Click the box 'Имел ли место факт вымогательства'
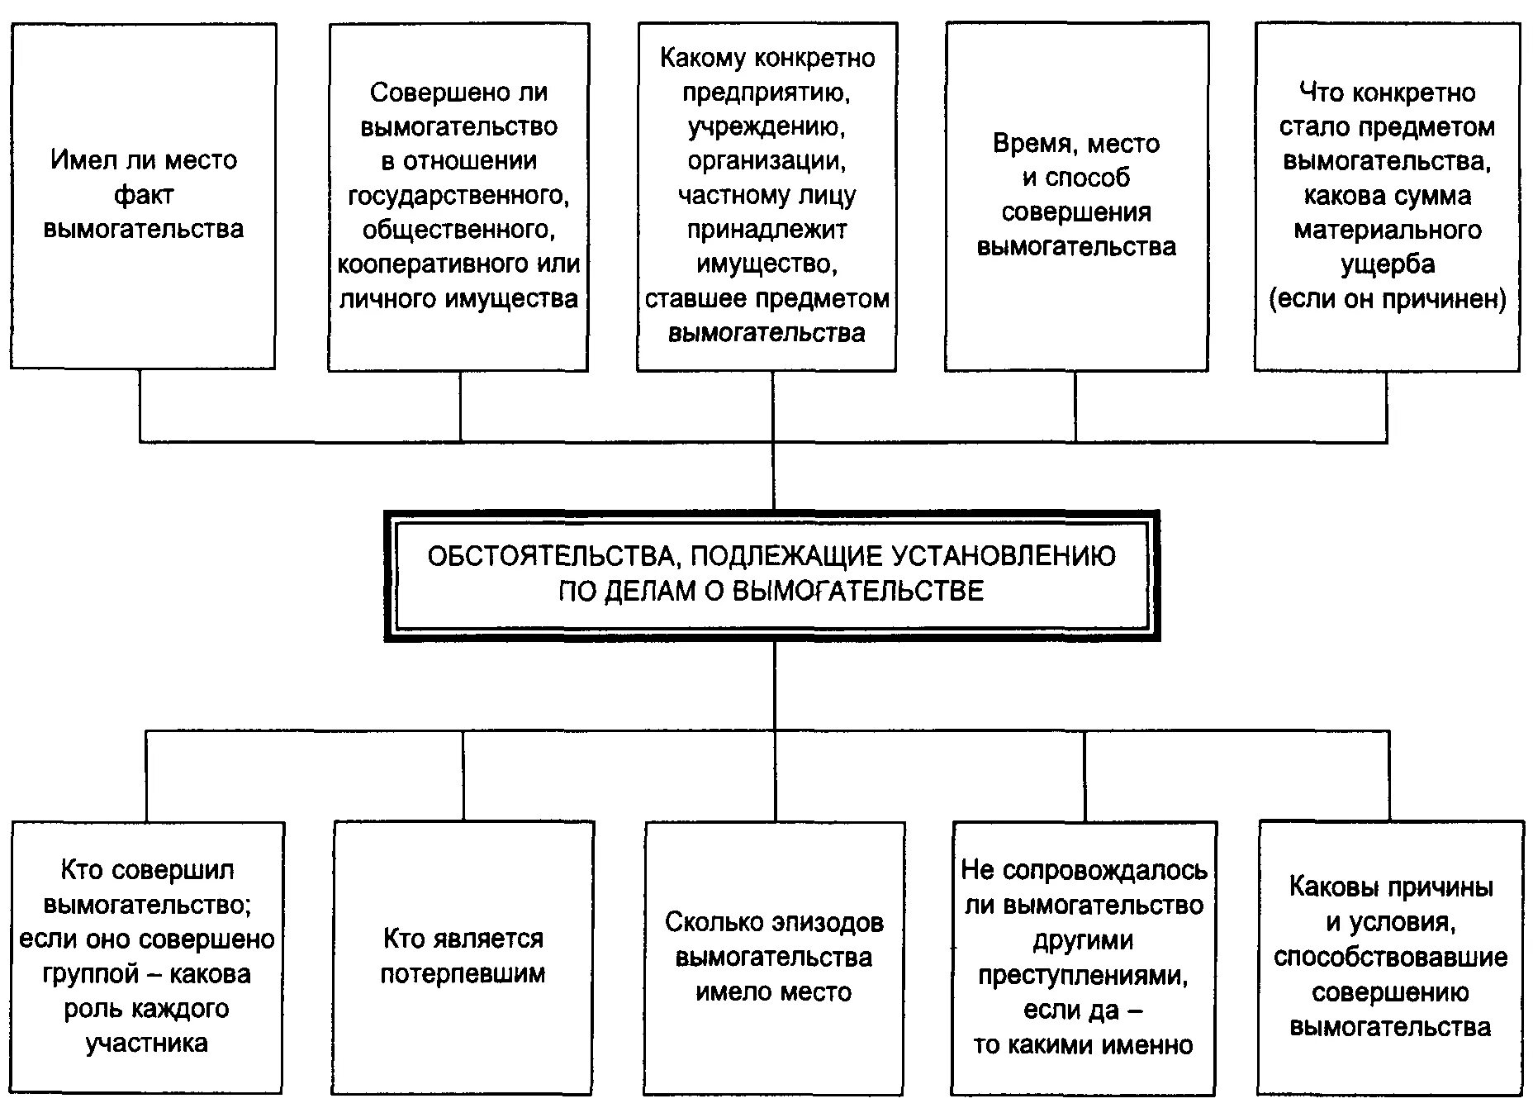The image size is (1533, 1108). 142,196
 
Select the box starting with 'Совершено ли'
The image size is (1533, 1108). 458,196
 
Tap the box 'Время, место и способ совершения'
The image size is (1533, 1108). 1076,196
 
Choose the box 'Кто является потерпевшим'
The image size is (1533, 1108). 463,957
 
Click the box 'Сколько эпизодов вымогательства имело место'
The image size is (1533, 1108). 774,957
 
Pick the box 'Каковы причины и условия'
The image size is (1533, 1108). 1390,957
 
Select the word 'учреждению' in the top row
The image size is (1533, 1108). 766,127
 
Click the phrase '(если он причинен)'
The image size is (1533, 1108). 1388,299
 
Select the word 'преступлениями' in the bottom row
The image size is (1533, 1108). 1083,976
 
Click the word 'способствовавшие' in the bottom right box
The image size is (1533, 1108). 1390,958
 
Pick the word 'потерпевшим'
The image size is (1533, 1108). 463,974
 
